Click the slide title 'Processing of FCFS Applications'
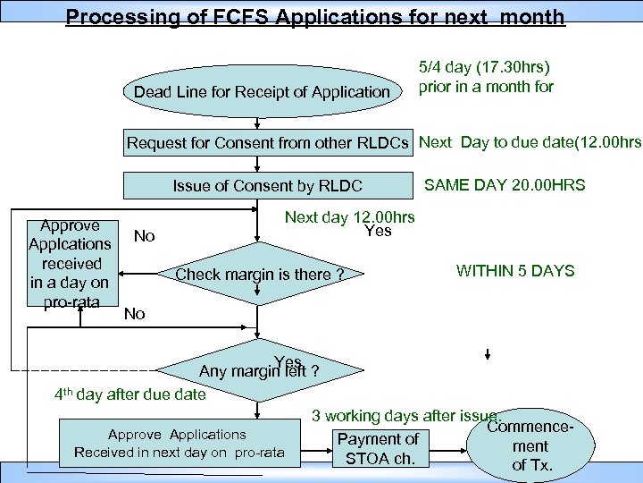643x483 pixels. [x=315, y=16]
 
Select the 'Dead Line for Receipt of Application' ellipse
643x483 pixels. [x=262, y=92]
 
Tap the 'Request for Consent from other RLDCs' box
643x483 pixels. [x=269, y=143]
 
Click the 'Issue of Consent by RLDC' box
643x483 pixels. [x=267, y=186]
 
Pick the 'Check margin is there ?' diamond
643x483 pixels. [x=259, y=274]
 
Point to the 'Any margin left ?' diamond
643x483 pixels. [x=258, y=369]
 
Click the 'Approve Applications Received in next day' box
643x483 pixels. [x=179, y=443]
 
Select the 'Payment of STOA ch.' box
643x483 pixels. [x=378, y=449]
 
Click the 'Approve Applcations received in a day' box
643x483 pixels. [x=70, y=263]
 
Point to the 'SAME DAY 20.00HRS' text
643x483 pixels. [x=505, y=185]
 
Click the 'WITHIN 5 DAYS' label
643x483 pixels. [x=515, y=270]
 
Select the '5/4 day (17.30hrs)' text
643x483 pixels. [x=485, y=67]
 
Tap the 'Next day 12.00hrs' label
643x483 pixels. [x=349, y=216]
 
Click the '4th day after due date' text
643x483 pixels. [x=129, y=394]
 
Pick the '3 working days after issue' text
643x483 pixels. [x=407, y=415]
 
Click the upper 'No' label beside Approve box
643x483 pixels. [x=144, y=236]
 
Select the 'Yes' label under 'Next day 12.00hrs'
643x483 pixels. [x=378, y=232]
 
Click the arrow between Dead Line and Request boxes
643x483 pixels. [x=258, y=120]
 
